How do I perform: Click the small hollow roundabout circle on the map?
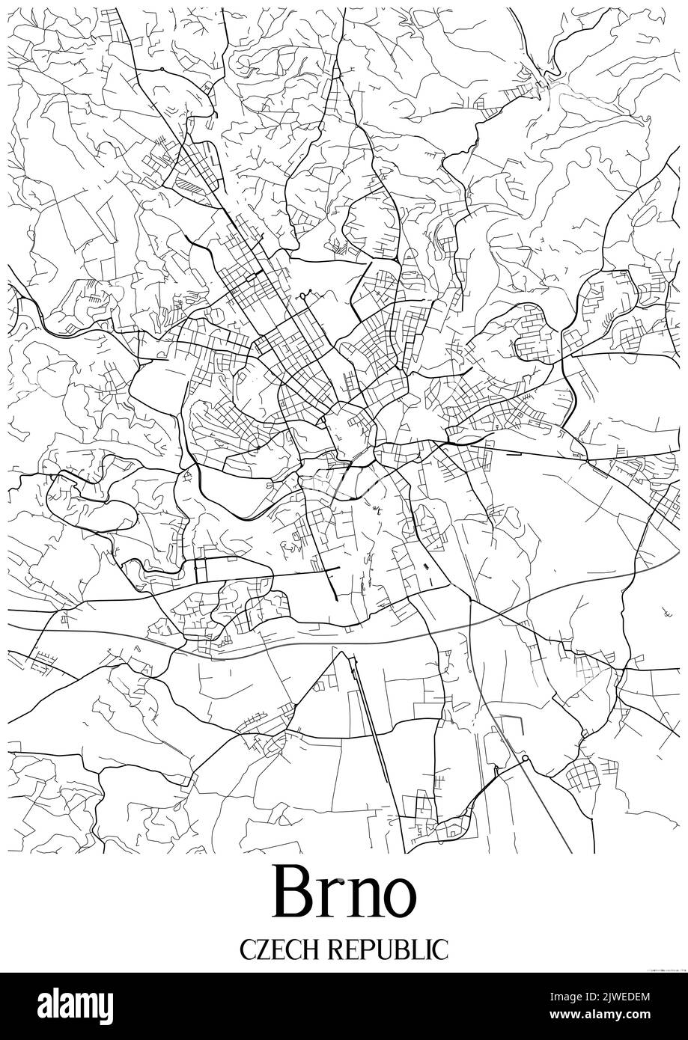click(525, 759)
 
